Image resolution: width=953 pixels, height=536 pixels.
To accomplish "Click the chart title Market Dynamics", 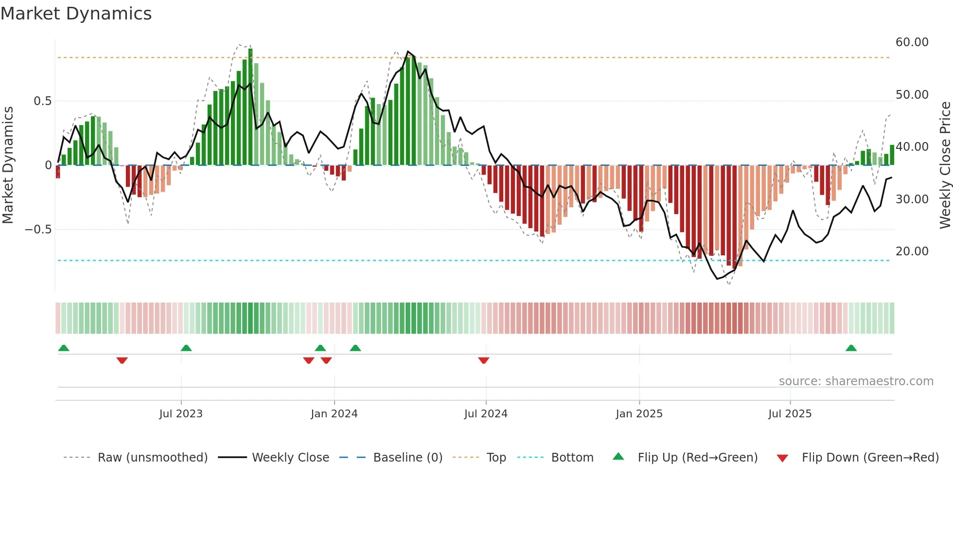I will (76, 14).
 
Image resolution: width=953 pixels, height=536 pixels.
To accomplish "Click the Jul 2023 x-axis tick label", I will (180, 414).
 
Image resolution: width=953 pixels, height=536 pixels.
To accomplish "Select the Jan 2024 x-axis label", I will (334, 414).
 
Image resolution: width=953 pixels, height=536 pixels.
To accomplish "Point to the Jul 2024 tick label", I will (486, 414).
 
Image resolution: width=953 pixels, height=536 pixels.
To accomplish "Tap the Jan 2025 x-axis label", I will (639, 414).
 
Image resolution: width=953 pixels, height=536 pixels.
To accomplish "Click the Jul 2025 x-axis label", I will (790, 414).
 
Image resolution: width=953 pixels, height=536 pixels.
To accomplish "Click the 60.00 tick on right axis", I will (912, 42).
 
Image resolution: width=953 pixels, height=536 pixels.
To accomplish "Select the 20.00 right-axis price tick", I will (912, 251).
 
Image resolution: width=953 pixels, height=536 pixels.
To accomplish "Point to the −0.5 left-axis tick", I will (38, 230).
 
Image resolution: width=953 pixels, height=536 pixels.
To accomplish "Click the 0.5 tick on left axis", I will (42, 101).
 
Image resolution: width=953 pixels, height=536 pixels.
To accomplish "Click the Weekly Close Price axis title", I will (945, 165).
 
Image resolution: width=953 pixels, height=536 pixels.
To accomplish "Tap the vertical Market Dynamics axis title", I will (8, 165).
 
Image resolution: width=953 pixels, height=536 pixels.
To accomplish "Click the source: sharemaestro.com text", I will (856, 381).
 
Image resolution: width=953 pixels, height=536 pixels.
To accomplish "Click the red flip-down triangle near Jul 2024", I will (483, 360).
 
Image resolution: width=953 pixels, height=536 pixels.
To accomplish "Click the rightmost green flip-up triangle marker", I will (851, 348).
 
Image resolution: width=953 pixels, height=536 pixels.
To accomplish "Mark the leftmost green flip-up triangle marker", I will (64, 348).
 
